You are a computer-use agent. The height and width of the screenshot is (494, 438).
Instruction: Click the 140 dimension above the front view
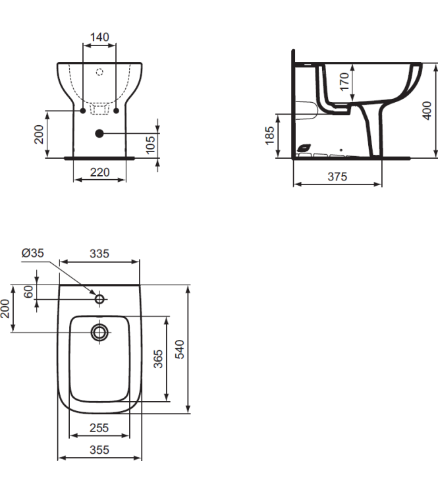[x=99, y=37]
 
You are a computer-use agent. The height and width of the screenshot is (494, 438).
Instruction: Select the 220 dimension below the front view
[x=99, y=173]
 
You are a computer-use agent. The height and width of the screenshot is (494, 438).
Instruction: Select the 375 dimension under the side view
[x=337, y=177]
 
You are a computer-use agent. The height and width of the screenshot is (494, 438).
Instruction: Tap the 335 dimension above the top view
[x=99, y=253]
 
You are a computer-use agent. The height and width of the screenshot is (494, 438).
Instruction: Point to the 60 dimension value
[x=28, y=292]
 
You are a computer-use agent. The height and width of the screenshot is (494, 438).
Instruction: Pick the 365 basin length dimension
[x=158, y=359]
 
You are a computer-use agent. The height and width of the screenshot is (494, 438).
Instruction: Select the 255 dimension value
[x=99, y=428]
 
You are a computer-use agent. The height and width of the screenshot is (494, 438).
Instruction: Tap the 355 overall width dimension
[x=99, y=451]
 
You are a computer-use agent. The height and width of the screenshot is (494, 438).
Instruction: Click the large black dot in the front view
[x=99, y=133]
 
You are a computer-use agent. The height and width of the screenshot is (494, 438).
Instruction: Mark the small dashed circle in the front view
[x=99, y=71]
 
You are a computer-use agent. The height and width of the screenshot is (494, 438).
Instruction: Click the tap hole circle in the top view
[x=99, y=299]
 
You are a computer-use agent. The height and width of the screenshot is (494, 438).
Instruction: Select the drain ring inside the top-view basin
[x=99, y=332]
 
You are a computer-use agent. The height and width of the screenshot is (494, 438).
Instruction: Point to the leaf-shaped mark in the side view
[x=304, y=148]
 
